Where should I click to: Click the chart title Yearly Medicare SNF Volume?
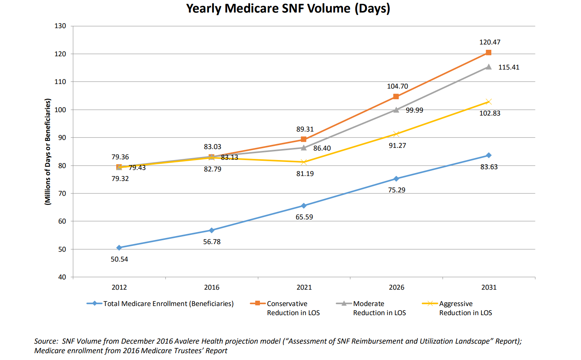[x=288, y=8]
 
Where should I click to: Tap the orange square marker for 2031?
[x=489, y=52]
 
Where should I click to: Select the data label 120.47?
[x=489, y=42]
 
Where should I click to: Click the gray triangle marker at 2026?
[x=396, y=110]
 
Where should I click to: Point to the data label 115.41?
[x=508, y=67]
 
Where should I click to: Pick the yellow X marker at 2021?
[x=304, y=162]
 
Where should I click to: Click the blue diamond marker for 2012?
[x=119, y=247]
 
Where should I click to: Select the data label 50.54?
[x=119, y=259]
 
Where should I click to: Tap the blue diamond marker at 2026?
[x=396, y=179]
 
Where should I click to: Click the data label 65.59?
[x=304, y=217]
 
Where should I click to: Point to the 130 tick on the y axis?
[x=60, y=26]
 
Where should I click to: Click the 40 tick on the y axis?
[x=62, y=277]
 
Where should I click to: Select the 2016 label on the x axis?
[x=212, y=287]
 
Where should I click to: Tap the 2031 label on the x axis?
[x=489, y=287]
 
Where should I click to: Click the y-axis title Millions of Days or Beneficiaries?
[x=47, y=152]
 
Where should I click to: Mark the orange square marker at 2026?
[x=396, y=97]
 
